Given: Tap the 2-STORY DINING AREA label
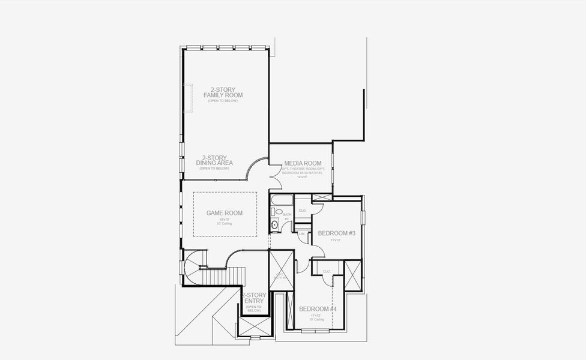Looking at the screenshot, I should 214,160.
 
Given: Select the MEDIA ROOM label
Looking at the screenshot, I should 303,163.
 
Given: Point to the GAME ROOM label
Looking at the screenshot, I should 225,213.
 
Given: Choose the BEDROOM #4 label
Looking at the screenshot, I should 318,309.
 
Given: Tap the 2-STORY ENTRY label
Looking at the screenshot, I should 253,298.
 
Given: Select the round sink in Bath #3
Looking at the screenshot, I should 274,225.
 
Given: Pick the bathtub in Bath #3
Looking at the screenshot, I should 282,199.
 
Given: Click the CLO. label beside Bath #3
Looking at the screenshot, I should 302,211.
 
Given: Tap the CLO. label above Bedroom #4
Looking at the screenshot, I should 327,271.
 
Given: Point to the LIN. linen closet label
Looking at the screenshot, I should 301,233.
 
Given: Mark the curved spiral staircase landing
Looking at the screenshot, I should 195,264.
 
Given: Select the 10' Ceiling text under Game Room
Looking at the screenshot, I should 225,224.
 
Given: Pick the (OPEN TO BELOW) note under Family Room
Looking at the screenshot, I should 223,101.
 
